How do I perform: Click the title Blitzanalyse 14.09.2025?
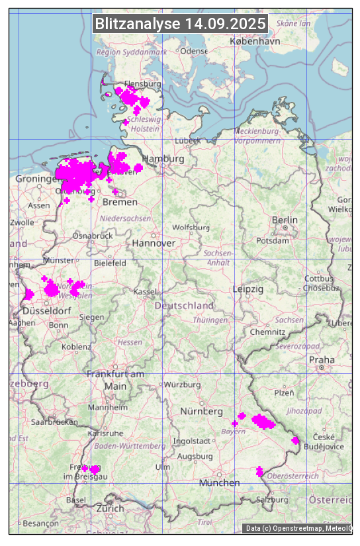(180, 24)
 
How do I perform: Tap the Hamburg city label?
(162, 159)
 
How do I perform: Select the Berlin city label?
(285, 220)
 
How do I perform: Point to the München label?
(219, 482)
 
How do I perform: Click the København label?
(255, 41)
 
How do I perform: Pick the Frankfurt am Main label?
(115, 380)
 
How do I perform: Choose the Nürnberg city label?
(202, 412)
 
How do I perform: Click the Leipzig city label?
(248, 289)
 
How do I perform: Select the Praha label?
(321, 359)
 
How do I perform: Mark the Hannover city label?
(154, 243)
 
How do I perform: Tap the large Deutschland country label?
(184, 306)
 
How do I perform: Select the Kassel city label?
(144, 292)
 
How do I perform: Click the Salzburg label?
(273, 500)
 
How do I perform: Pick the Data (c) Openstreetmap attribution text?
(298, 528)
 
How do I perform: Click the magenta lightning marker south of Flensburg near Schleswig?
(125, 122)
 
